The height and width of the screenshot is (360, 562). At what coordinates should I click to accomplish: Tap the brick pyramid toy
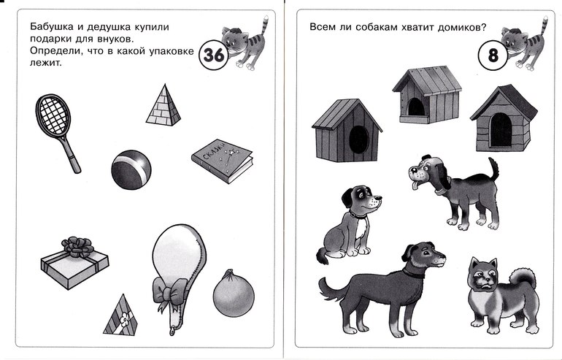(163, 106)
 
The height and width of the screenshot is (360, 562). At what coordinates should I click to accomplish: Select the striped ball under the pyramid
(131, 169)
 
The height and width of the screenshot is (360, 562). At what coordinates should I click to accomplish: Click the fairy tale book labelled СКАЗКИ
(222, 161)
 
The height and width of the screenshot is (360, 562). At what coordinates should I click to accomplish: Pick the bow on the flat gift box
(78, 247)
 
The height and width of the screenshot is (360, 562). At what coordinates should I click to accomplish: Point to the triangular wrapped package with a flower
(120, 315)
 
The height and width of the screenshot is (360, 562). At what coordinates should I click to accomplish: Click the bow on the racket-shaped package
(170, 291)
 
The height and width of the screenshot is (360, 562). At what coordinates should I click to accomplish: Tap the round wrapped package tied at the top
(234, 294)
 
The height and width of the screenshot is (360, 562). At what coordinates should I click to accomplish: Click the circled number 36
(214, 55)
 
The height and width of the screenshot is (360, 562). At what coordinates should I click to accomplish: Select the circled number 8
(493, 55)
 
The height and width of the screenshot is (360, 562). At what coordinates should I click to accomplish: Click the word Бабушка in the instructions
(47, 26)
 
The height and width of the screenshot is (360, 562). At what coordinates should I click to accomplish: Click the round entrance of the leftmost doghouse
(359, 139)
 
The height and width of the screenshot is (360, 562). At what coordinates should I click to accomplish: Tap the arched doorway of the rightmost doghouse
(501, 130)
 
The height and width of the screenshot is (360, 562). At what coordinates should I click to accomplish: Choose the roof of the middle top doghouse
(427, 79)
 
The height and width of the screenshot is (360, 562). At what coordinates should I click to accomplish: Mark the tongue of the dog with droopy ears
(415, 185)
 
